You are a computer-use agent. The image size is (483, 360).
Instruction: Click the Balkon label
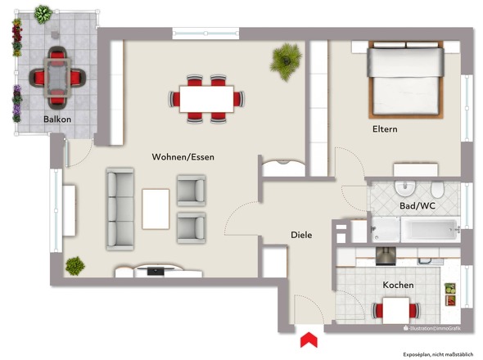[x=57, y=119]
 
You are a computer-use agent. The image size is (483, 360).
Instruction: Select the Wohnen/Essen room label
[x=183, y=156]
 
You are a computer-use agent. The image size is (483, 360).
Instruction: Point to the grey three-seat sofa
[x=120, y=209]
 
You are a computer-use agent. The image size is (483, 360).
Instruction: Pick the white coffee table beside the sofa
[x=156, y=209]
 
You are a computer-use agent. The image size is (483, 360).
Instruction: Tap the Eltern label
[x=385, y=129]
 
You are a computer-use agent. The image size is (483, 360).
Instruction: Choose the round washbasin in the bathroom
[x=408, y=189]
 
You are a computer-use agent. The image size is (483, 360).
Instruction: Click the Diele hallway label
[x=302, y=235]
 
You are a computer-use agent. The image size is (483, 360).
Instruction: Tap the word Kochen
[x=397, y=285]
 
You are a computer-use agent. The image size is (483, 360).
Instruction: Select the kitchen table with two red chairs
[x=397, y=310]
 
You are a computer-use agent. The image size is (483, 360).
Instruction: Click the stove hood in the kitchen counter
[x=385, y=255]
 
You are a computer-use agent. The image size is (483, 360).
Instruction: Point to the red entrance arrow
[x=309, y=339]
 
